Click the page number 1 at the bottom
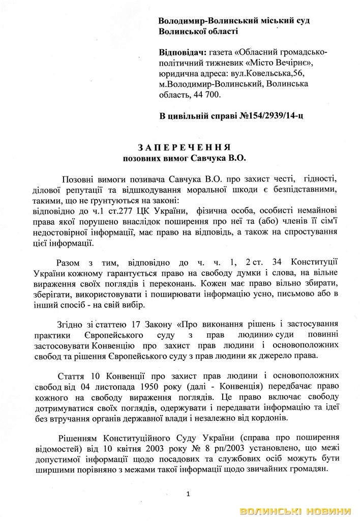188,493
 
